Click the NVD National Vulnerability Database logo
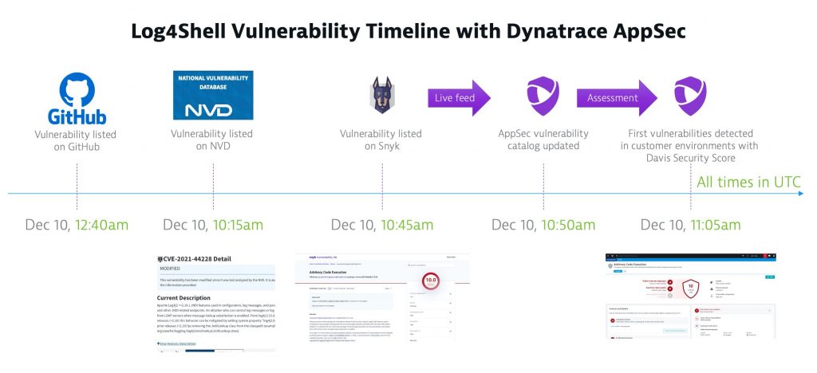coord(213,95)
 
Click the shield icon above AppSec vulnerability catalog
coord(543,94)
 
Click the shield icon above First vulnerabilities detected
coord(690,94)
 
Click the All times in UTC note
coord(748,183)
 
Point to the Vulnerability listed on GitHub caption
coord(77,142)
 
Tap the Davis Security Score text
coord(690,159)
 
